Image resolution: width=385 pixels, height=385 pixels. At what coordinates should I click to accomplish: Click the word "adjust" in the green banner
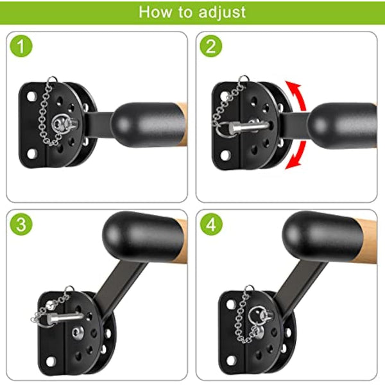point(222,12)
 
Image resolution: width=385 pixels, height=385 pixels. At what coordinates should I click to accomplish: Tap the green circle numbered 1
point(21,46)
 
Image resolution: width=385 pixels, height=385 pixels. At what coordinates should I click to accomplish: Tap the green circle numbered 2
point(211,46)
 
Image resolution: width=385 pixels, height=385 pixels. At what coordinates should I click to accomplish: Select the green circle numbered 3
point(21,224)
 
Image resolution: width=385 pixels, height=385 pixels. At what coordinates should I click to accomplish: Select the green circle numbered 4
point(211,224)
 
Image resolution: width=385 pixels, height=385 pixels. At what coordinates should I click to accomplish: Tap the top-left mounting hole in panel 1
point(31,96)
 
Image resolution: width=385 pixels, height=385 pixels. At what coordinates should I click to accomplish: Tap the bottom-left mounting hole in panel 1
point(31,154)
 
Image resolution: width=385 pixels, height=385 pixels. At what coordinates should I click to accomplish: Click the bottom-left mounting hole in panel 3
point(51,361)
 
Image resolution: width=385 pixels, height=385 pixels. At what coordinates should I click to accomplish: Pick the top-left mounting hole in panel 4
point(231,304)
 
